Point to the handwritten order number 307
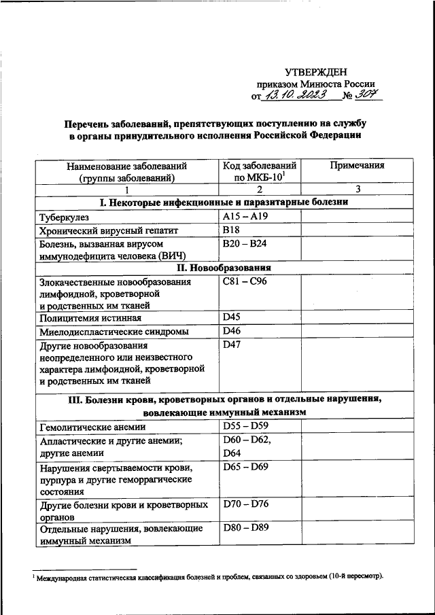(370, 96)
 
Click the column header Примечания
(357, 165)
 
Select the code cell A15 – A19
(247, 217)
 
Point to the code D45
(232, 317)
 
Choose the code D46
(232, 332)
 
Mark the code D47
(232, 345)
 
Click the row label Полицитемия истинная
(90, 318)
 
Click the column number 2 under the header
(259, 190)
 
